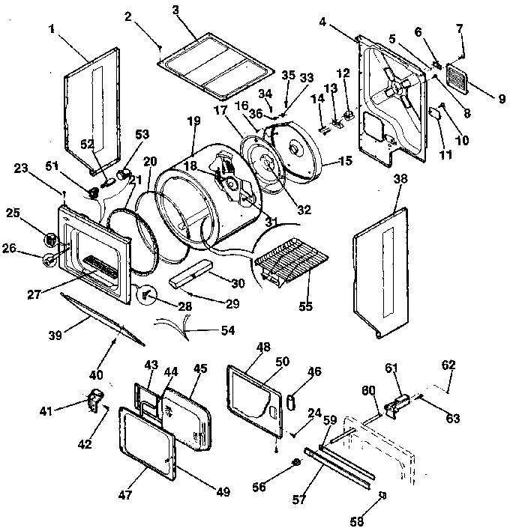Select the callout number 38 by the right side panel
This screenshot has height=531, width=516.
click(x=400, y=180)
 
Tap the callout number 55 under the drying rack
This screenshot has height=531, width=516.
click(x=305, y=307)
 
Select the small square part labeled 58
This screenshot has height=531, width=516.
click(x=382, y=494)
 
